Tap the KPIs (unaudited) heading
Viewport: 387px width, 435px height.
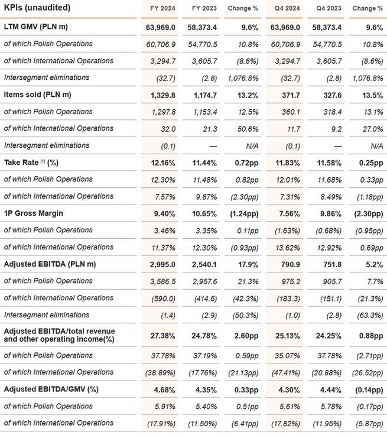click(37, 8)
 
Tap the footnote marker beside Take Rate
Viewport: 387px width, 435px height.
click(43, 161)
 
